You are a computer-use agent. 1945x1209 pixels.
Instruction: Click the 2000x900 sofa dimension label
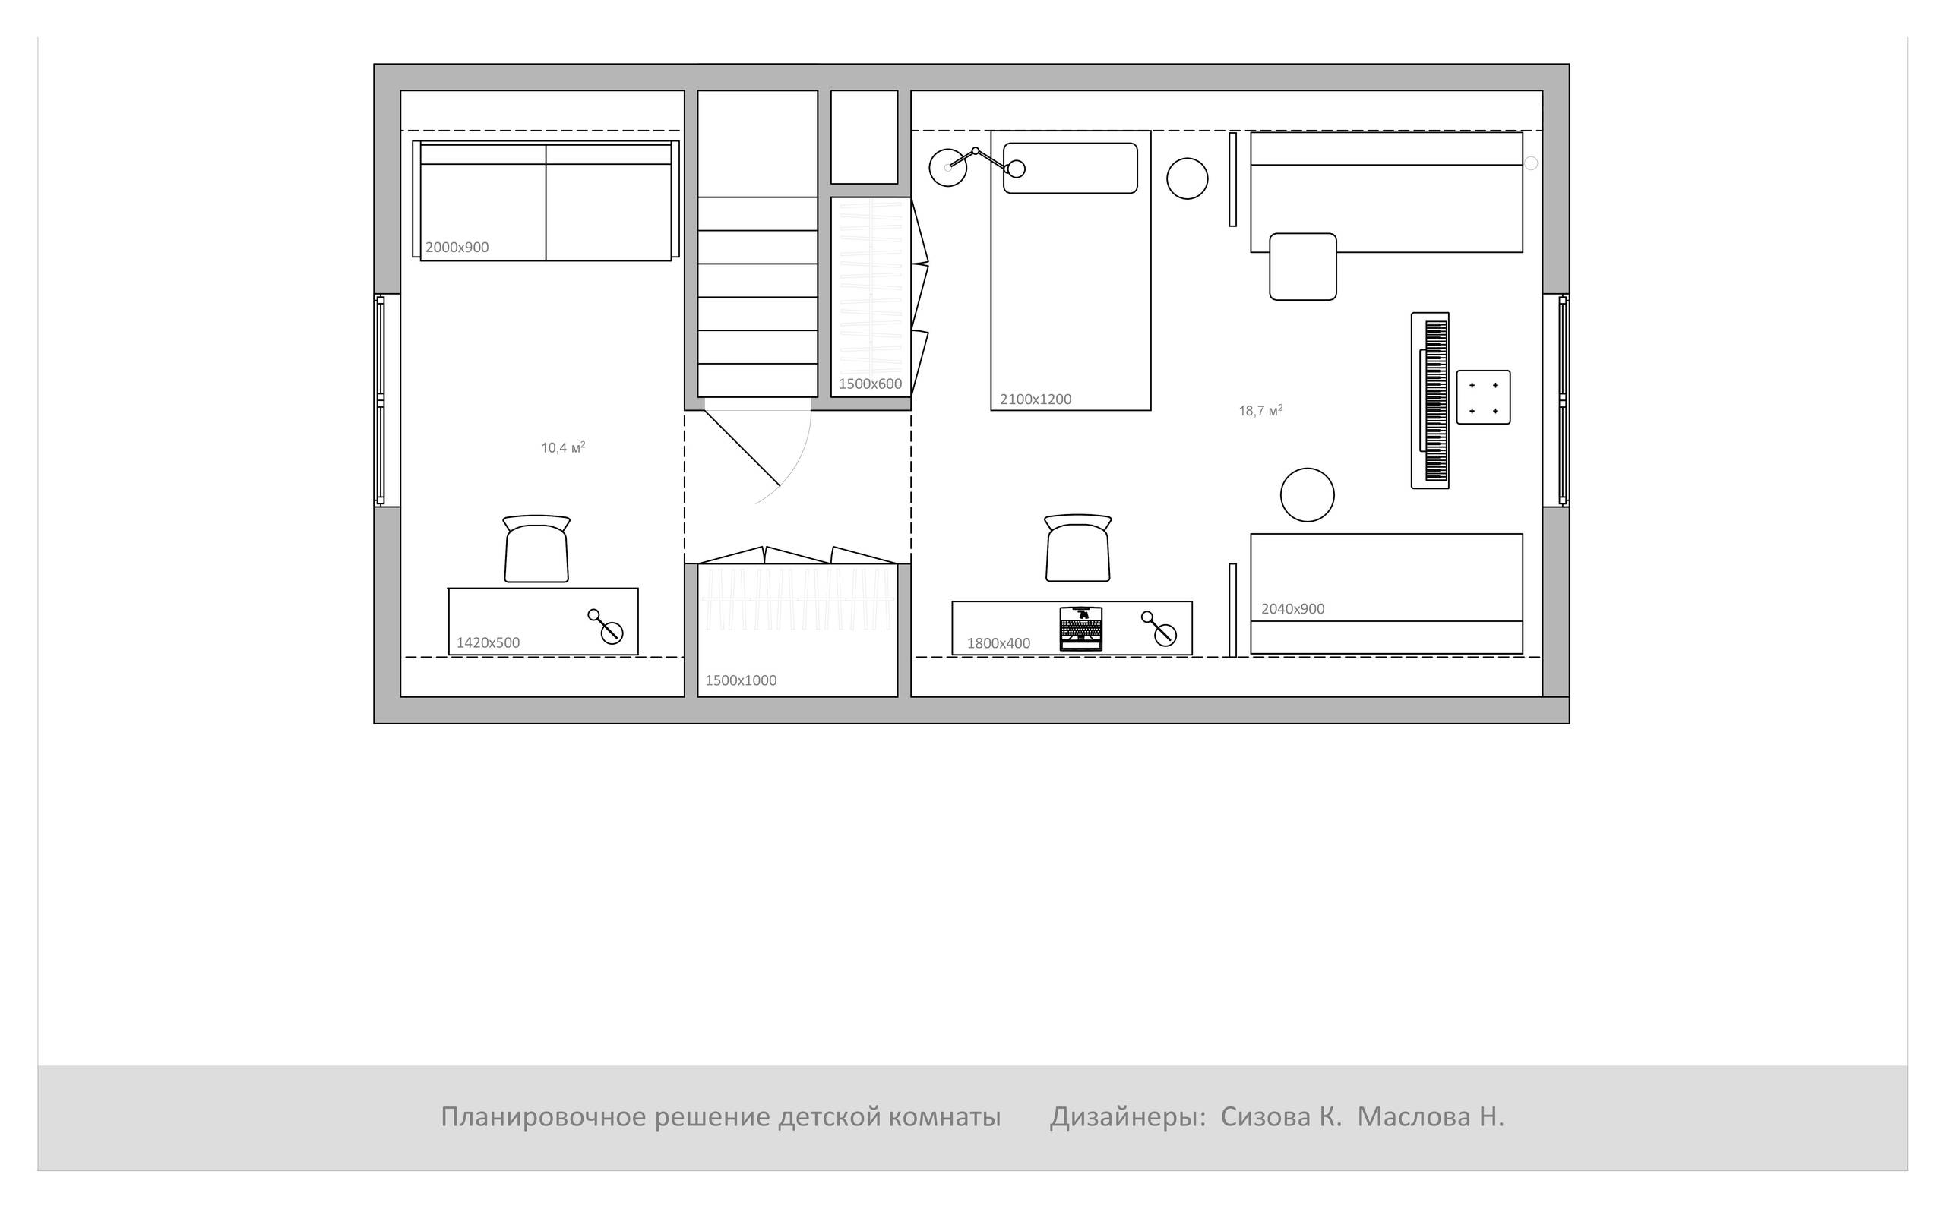coord(457,248)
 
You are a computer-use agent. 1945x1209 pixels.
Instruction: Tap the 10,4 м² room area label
coord(563,448)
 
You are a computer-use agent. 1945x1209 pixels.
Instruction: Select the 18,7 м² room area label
coord(1260,411)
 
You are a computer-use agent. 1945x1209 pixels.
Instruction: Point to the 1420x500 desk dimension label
coord(488,643)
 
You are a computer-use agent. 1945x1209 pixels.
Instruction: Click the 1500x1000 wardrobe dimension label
coord(741,680)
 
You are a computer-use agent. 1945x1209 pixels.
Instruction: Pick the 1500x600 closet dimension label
coord(870,384)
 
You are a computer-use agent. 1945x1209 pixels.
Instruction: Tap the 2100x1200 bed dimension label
coord(1036,399)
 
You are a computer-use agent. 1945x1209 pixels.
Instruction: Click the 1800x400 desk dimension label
coord(999,643)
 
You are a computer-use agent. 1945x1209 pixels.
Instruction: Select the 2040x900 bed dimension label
coord(1293,608)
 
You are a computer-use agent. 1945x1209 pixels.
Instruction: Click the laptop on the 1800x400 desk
coord(1081,628)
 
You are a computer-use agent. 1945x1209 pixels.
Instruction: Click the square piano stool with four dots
coord(1484,397)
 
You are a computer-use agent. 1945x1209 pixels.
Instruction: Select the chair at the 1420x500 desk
coord(536,548)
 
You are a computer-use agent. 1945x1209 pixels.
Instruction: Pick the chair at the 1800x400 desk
coord(1078,548)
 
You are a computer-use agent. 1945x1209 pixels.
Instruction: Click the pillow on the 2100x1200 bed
coord(1071,168)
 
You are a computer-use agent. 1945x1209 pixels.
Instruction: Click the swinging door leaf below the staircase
coord(742,449)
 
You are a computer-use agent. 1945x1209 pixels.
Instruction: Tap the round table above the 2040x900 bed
coord(1308,495)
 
